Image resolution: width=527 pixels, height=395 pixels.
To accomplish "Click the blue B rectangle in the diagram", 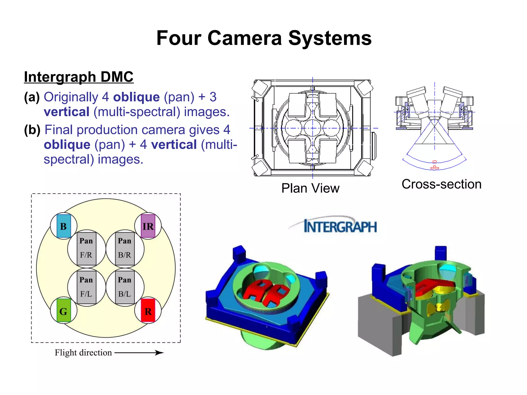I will [64, 226].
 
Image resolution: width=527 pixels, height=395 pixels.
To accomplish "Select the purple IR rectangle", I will [148, 226].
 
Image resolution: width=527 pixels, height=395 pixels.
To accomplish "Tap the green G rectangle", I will [64, 310].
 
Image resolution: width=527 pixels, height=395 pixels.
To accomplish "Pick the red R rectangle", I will [148, 310].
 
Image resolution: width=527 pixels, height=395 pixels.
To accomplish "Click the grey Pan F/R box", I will [86, 248].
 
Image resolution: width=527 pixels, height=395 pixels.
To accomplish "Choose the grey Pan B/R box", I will [125, 248].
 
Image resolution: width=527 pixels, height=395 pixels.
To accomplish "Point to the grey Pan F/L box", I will [86, 287].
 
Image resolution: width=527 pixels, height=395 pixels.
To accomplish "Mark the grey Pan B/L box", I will [125, 287].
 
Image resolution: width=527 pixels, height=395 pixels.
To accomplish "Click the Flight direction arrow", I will [139, 353].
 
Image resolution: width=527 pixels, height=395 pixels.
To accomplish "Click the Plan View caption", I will [310, 188].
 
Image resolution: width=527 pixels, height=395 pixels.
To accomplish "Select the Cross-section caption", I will [442, 184].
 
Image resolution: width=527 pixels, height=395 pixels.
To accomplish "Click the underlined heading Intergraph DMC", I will [79, 77].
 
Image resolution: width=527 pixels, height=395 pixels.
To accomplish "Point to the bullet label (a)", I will [32, 97].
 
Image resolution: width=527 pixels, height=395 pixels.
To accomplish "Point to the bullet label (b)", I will [32, 130].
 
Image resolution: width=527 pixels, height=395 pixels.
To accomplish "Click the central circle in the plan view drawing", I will [313, 128].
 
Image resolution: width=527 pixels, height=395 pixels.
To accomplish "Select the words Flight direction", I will [83, 353].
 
